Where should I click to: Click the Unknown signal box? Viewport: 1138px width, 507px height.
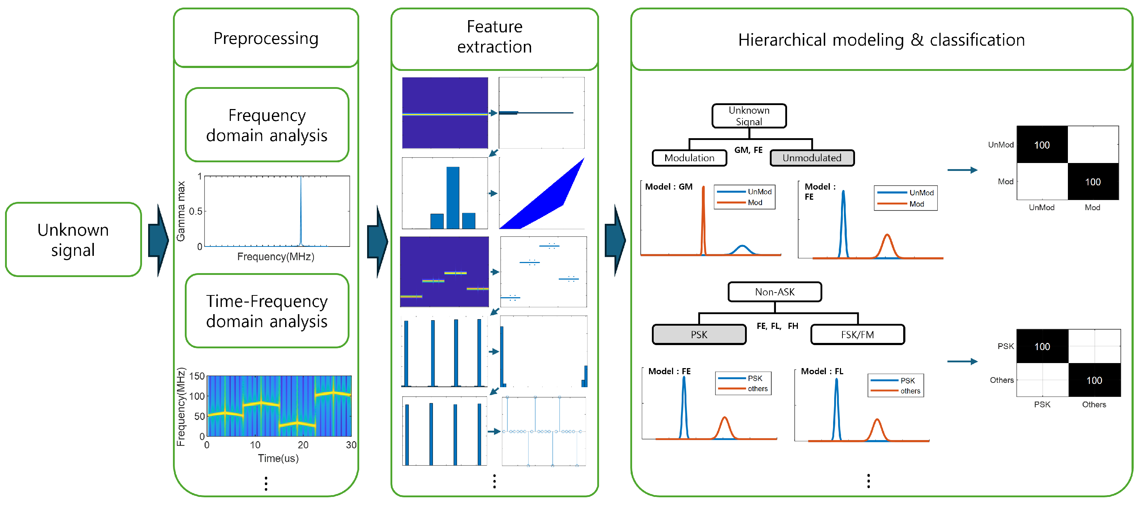pyautogui.click(x=73, y=240)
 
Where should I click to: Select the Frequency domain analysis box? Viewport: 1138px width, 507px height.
pyautogui.click(x=267, y=125)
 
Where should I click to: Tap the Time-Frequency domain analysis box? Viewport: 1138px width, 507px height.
pyautogui.click(x=267, y=311)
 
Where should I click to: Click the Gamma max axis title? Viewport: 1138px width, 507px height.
pyautogui.click(x=181, y=211)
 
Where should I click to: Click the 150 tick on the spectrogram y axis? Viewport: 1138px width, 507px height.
pyautogui.click(x=197, y=376)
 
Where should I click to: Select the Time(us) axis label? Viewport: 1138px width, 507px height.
pyautogui.click(x=278, y=458)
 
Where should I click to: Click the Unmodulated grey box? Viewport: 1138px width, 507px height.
pyautogui.click(x=812, y=158)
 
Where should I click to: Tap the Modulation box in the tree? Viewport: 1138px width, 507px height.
pyautogui.click(x=689, y=158)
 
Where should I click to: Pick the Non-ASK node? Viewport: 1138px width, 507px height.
pyautogui.click(x=774, y=292)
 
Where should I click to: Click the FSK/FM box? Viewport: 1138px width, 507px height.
pyautogui.click(x=858, y=335)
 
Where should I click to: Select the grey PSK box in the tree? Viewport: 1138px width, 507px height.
pyautogui.click(x=699, y=335)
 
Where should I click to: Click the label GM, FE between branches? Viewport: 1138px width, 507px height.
pyautogui.click(x=748, y=150)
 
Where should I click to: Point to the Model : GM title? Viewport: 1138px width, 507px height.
pyautogui.click(x=668, y=186)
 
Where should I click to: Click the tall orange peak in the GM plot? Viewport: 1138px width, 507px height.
pyautogui.click(x=703, y=212)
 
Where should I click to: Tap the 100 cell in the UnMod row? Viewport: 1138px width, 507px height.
pyautogui.click(x=1042, y=145)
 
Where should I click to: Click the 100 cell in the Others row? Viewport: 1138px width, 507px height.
pyautogui.click(x=1094, y=380)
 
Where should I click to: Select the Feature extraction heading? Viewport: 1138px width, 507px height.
pyautogui.click(x=494, y=37)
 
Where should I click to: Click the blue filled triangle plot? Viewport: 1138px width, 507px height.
pyautogui.click(x=548, y=199)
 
